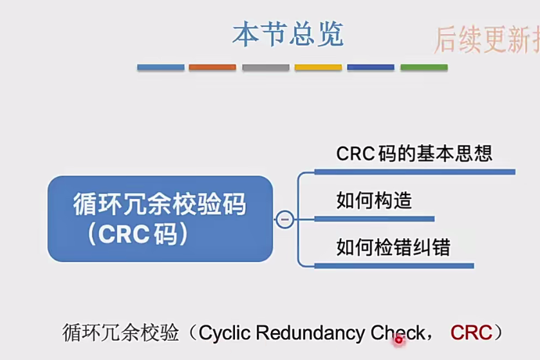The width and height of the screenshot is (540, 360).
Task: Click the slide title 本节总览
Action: tap(288, 34)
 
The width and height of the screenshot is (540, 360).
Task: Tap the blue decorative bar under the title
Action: tap(161, 67)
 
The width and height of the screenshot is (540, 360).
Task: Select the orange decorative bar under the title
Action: tap(212, 67)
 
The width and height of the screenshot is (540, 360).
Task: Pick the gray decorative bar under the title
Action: tap(266, 67)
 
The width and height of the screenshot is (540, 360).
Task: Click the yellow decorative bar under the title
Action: tap(318, 67)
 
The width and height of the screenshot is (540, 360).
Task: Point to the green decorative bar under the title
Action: tap(424, 67)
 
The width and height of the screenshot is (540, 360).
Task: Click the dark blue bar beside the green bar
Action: tap(371, 67)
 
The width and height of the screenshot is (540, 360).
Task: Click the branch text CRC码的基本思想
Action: tap(414, 154)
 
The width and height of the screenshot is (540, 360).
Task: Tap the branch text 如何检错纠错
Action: tap(393, 247)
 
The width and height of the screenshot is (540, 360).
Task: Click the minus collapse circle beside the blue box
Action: tap(284, 220)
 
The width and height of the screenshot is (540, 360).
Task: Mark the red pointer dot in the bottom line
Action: tap(398, 339)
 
